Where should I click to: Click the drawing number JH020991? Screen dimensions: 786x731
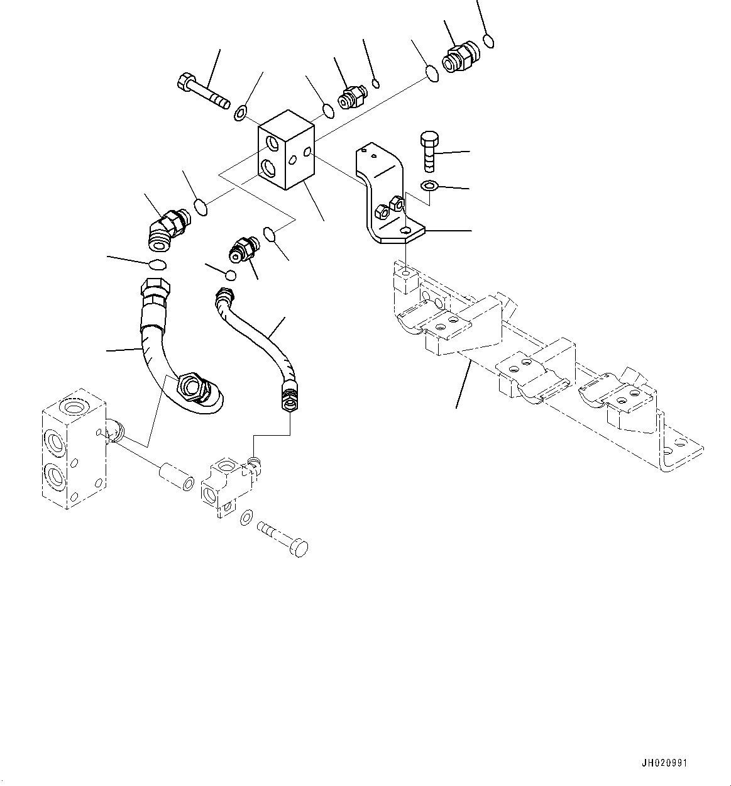pyautogui.click(x=664, y=763)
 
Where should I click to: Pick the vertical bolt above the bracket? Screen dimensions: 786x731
pyautogui.click(x=428, y=151)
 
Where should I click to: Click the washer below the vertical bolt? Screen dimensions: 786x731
pyautogui.click(x=428, y=185)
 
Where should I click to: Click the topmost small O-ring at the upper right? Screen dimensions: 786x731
pyautogui.click(x=489, y=42)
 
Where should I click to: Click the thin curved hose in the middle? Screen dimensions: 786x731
pyautogui.click(x=258, y=340)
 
